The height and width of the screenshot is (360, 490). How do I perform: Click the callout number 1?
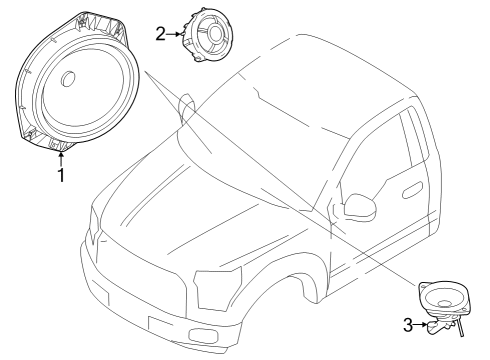point(61,175)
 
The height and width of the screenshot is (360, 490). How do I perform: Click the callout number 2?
point(161,34)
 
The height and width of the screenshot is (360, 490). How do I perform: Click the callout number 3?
point(408,325)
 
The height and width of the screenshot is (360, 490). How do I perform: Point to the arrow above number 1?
point(61,159)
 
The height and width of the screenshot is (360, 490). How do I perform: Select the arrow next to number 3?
point(420,324)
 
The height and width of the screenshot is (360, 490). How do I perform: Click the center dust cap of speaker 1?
point(68,79)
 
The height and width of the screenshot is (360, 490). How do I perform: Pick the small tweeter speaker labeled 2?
point(207,36)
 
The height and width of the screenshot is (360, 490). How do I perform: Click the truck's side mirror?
point(360,206)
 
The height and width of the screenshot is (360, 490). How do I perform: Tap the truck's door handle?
point(413,190)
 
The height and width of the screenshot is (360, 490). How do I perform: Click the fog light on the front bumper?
point(202,335)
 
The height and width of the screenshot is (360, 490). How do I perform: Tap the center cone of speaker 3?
point(445,303)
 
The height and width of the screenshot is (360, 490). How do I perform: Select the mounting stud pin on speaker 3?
point(460,327)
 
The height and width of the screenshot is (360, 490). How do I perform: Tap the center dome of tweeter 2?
point(215,32)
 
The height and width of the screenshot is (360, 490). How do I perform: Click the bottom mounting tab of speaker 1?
point(60,145)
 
